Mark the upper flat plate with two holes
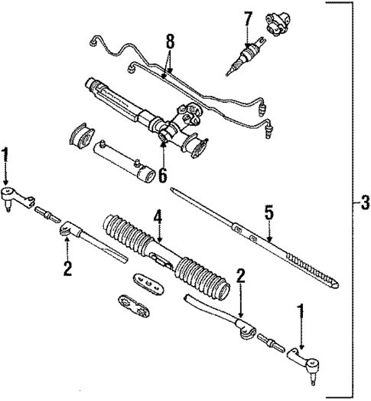click(x=149, y=283)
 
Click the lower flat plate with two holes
click(x=134, y=307)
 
